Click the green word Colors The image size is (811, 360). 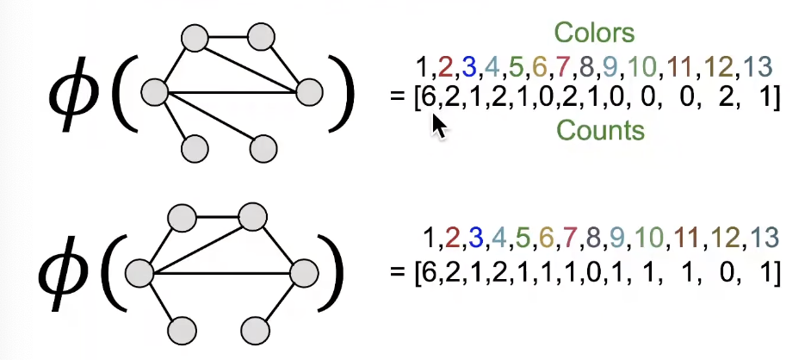(x=594, y=34)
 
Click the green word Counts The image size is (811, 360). (x=600, y=130)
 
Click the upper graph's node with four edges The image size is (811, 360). (x=155, y=90)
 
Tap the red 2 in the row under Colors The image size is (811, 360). (x=446, y=66)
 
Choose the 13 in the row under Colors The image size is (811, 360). (x=759, y=66)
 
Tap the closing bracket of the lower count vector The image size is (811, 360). (x=777, y=274)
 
